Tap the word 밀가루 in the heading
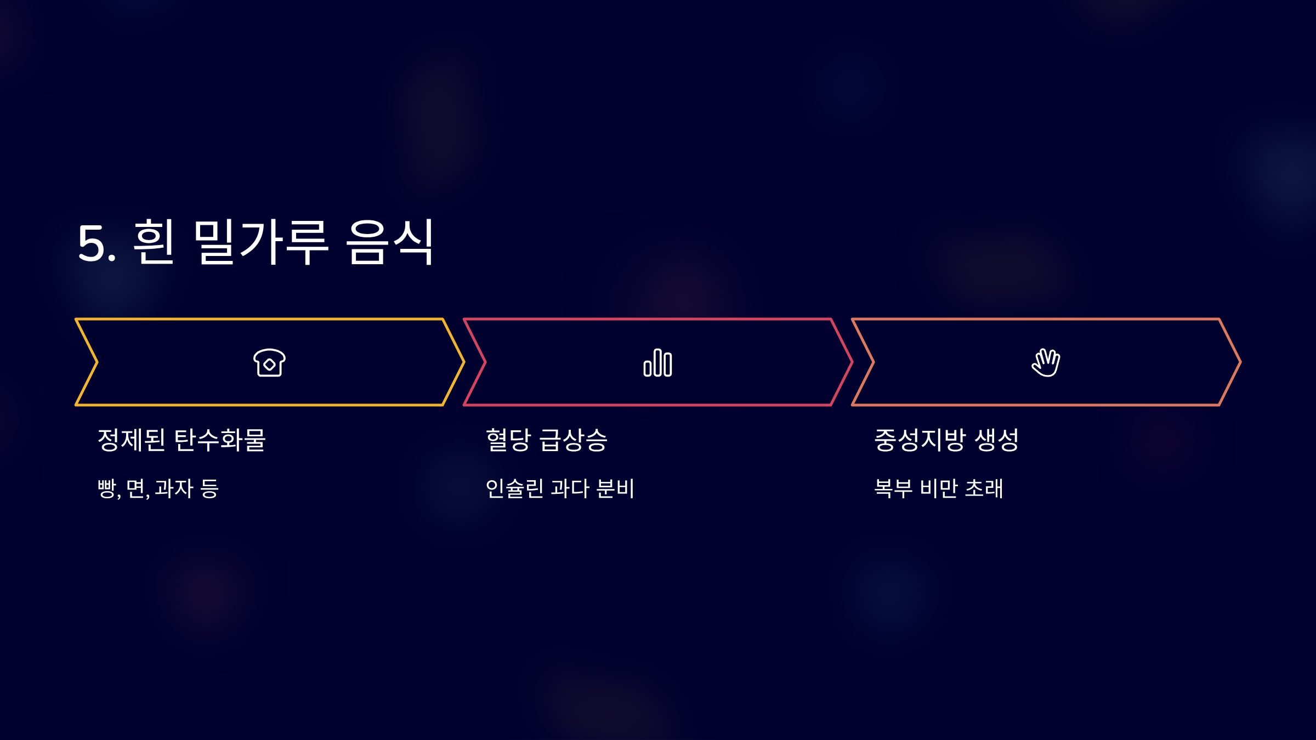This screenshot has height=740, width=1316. pyautogui.click(x=261, y=242)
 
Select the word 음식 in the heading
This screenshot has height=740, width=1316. pyautogui.click(x=390, y=242)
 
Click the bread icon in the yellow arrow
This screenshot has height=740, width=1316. pyautogui.click(x=269, y=363)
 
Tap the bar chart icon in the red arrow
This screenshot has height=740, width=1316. pyautogui.click(x=657, y=363)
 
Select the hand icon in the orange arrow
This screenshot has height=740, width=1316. pyautogui.click(x=1046, y=363)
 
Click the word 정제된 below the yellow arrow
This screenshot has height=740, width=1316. pyautogui.click(x=131, y=440)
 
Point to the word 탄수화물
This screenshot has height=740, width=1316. pyautogui.click(x=220, y=440)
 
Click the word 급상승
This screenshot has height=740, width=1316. pyautogui.click(x=574, y=440)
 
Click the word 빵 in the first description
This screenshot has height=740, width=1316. pyautogui.click(x=107, y=488)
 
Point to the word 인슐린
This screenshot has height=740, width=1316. pyautogui.click(x=514, y=488)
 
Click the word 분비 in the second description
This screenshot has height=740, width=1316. pyautogui.click(x=615, y=488)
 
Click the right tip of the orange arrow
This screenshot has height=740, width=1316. pyautogui.click(x=1239, y=362)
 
